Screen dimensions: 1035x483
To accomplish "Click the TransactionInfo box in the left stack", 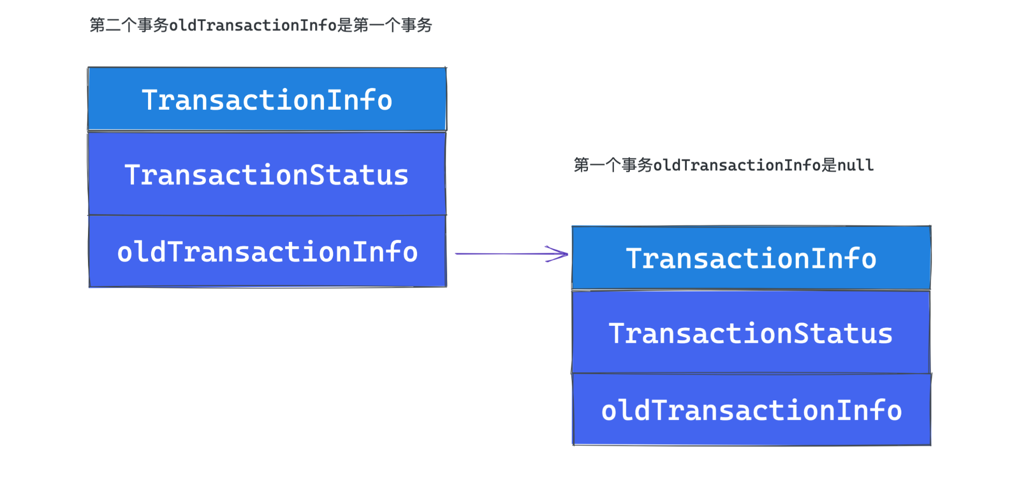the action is click(x=267, y=99).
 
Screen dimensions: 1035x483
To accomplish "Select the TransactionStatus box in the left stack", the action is click(x=267, y=174).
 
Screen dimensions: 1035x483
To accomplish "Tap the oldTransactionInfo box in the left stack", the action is click(x=267, y=251).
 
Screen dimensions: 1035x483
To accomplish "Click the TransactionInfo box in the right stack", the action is click(x=751, y=258).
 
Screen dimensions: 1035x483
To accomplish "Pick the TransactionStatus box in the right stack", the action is click(x=751, y=332).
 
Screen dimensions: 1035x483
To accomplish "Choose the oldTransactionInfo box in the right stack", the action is click(x=751, y=410).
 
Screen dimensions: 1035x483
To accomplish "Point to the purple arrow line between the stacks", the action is click(x=511, y=253).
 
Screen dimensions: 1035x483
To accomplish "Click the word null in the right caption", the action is click(x=855, y=165).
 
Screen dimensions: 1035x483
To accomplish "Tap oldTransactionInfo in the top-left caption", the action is click(x=253, y=25).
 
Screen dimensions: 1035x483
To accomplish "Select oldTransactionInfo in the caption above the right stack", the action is click(x=737, y=165).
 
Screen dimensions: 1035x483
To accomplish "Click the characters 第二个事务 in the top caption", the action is click(x=129, y=25).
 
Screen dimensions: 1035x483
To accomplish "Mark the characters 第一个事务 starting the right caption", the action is click(x=613, y=165).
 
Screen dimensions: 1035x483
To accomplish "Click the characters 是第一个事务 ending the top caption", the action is click(x=385, y=25).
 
